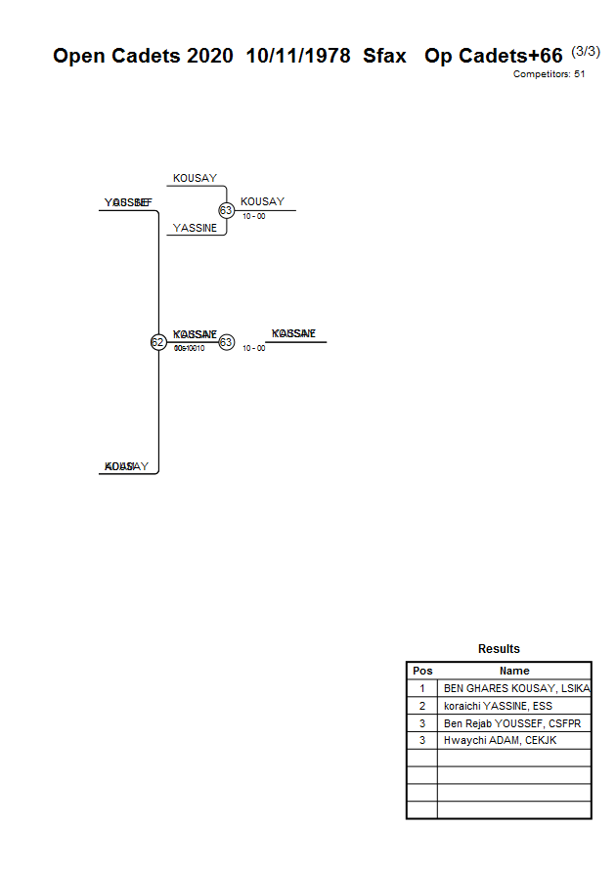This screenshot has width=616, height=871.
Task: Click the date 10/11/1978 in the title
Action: point(298,56)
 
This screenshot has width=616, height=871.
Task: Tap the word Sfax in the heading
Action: point(384,56)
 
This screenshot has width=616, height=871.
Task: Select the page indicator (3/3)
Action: point(586,51)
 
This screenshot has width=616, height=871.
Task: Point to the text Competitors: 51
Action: point(549,74)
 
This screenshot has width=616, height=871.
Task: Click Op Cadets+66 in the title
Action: point(494,56)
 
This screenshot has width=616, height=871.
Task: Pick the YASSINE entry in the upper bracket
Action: point(195,228)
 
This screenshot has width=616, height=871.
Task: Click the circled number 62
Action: point(157,342)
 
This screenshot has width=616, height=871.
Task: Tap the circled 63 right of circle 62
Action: point(226,342)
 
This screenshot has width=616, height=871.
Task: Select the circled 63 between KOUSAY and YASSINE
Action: point(226,210)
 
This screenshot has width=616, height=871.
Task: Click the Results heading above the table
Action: point(499,649)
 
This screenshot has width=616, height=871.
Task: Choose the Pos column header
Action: point(422,671)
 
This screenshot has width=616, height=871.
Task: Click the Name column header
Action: point(514,671)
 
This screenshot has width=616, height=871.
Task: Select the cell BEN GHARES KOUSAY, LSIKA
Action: point(516,688)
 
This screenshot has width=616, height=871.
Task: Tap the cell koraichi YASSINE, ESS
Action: point(498,706)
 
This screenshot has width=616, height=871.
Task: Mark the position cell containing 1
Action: point(422,688)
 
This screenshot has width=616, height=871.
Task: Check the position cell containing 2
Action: point(422,706)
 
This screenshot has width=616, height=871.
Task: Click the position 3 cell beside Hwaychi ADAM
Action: point(422,740)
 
